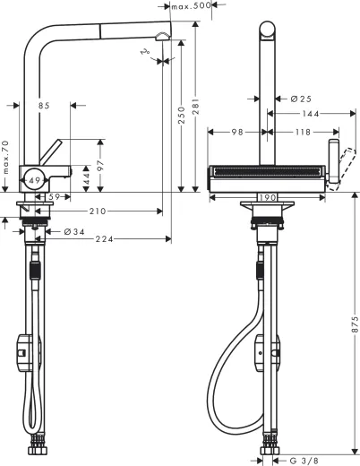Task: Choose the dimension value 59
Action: tap(54, 195)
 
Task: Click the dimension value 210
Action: tap(98, 211)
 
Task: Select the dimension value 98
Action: tap(237, 133)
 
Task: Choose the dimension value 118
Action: tap(303, 133)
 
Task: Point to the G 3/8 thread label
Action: tap(304, 461)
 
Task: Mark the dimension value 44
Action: tap(86, 180)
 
